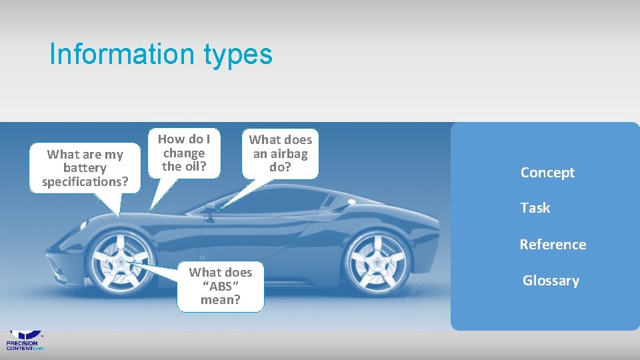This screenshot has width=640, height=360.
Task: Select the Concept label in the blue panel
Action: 547,173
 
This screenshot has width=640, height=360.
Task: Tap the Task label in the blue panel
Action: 535,208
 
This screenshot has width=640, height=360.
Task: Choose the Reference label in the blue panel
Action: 553,245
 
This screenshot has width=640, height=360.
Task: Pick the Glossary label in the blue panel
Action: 551,281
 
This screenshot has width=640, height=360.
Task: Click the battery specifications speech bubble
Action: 85,168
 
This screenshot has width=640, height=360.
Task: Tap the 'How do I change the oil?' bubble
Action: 183,153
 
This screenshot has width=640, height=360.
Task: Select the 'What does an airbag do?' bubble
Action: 280,153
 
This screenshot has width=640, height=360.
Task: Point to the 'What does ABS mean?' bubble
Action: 220,286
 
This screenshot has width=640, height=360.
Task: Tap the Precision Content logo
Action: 25,340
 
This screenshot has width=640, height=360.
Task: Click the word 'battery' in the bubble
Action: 85,168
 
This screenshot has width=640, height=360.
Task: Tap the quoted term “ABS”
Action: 221,286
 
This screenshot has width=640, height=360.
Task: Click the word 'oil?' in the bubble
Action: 194,167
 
